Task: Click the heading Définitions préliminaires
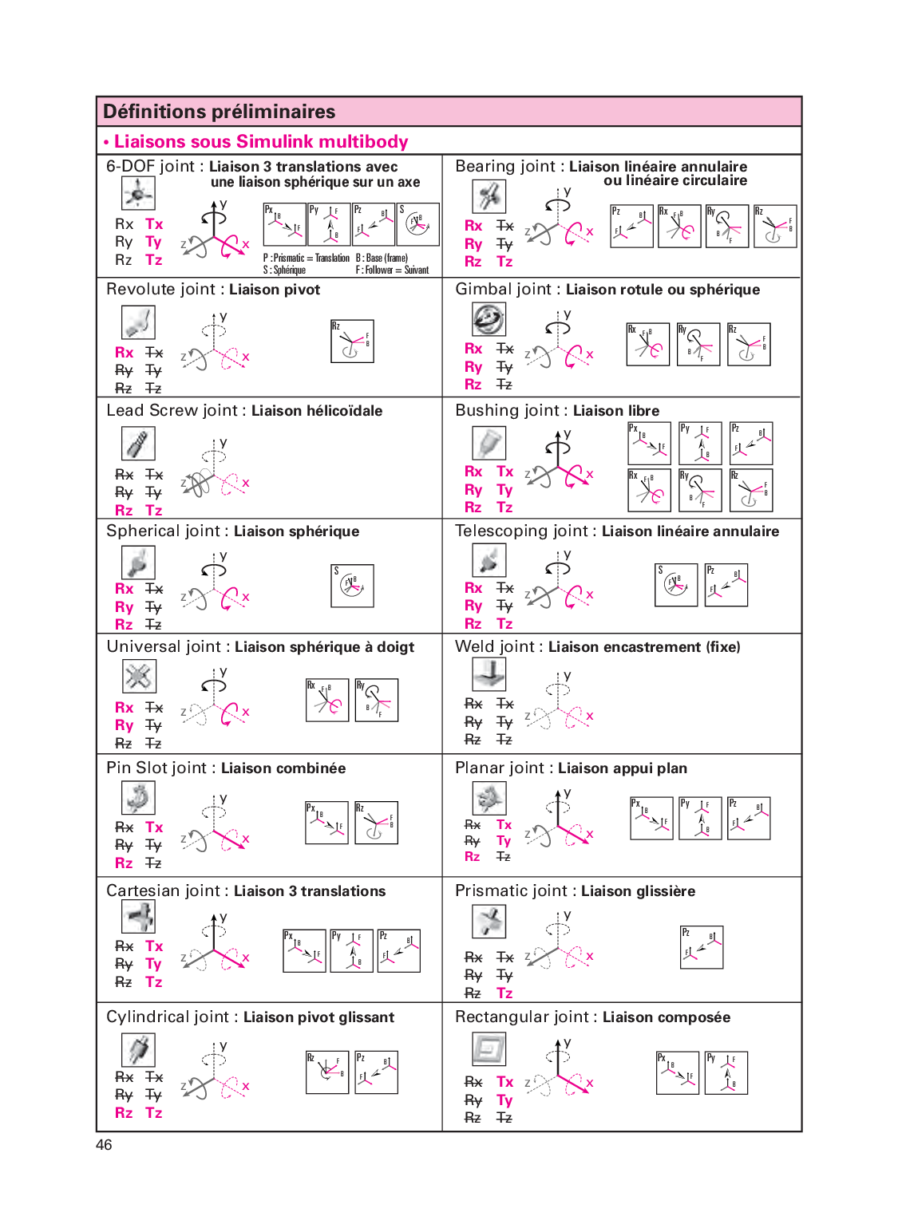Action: [220, 112]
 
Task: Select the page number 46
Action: [104, 1145]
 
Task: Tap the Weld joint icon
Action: [489, 674]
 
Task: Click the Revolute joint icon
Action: [138, 322]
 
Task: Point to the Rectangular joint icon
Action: [489, 1049]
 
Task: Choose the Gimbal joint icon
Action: [488, 319]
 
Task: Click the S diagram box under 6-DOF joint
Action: [418, 224]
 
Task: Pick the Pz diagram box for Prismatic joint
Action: [702, 947]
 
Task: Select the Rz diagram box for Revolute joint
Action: [352, 342]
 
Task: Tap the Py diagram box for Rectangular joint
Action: [726, 1072]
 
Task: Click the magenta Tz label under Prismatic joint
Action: [504, 993]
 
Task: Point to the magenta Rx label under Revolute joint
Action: [124, 353]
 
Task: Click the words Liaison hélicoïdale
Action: [317, 411]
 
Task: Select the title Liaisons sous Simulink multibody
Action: [261, 142]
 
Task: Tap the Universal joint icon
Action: [139, 677]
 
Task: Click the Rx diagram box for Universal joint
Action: [327, 700]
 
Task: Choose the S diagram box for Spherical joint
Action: [352, 586]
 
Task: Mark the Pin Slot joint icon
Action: [138, 797]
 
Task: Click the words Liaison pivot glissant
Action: [318, 1017]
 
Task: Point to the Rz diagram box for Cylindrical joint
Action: [327, 1072]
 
